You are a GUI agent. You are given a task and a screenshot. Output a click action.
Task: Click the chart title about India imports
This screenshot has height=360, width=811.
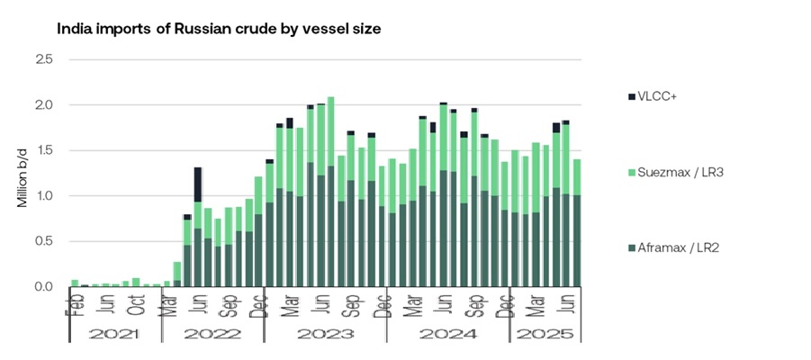pyautogui.click(x=219, y=29)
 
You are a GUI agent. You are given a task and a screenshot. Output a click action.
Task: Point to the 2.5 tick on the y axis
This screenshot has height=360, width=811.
pyautogui.click(x=44, y=59)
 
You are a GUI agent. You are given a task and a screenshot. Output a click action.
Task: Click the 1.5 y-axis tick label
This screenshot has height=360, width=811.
pyautogui.click(x=44, y=150)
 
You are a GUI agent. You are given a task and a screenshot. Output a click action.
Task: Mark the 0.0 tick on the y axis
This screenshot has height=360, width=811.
pyautogui.click(x=44, y=286)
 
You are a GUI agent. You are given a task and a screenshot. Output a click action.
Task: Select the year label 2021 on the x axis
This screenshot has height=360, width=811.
pyautogui.click(x=115, y=333)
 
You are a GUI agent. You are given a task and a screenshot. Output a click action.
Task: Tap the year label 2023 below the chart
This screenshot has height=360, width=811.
pyautogui.click(x=325, y=333)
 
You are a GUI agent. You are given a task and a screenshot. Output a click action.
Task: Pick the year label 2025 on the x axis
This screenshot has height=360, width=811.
pyautogui.click(x=545, y=333)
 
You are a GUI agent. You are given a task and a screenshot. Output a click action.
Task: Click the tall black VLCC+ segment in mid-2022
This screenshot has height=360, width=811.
pyautogui.click(x=197, y=184)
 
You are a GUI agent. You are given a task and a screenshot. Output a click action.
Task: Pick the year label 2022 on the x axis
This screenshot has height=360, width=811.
pyautogui.click(x=213, y=333)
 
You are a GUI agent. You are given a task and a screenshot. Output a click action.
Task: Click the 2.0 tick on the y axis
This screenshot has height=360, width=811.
pyautogui.click(x=44, y=105)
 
